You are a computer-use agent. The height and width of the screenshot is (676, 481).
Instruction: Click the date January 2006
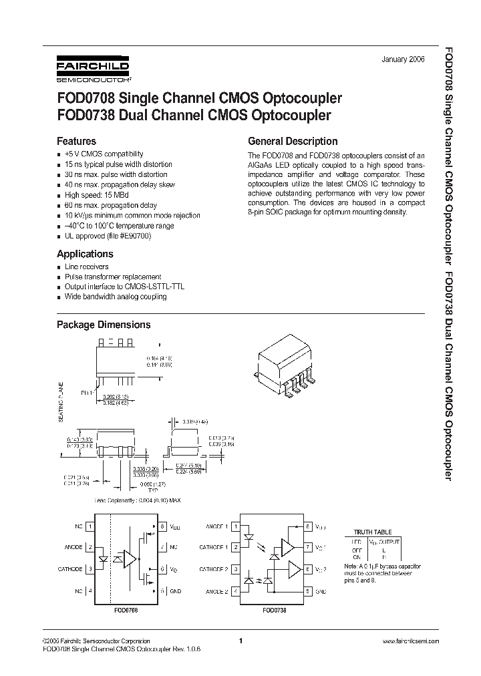pos(403,59)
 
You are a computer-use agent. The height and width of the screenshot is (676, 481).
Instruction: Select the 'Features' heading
pos(76,142)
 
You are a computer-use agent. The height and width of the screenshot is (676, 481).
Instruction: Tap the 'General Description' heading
pos(293,142)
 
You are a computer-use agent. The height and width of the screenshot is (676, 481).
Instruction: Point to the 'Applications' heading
pos(85,254)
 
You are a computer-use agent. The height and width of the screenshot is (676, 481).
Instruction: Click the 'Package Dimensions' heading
pos(103,325)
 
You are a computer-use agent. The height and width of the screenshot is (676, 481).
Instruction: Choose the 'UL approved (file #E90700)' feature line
pos(108,236)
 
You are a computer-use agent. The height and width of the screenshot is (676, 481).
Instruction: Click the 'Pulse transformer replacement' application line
pos(112,277)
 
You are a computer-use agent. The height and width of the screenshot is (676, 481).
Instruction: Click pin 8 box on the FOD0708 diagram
pos(162,526)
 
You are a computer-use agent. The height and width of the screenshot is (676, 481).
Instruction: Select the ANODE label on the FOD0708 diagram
pos(73,547)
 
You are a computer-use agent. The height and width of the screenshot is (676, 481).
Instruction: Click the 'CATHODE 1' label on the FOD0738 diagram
pos(214,547)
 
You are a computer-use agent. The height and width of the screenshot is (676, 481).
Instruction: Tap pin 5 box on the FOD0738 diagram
pos(307,592)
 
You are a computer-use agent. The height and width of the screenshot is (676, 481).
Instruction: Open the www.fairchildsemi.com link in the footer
pos(410,641)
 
